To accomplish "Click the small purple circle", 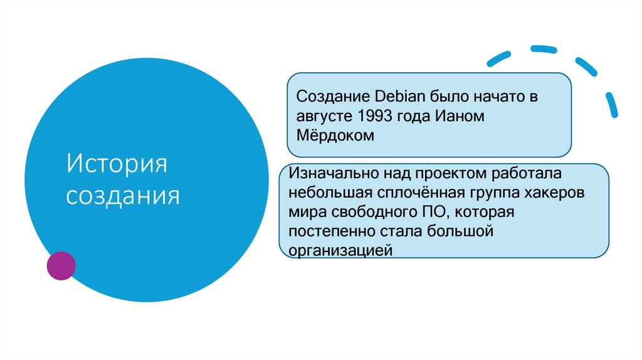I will coord(61,265).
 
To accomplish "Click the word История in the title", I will coord(117,166).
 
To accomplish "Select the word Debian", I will coord(401,97).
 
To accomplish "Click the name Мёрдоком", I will coord(335,135).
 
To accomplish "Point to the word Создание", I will coord(332,97).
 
